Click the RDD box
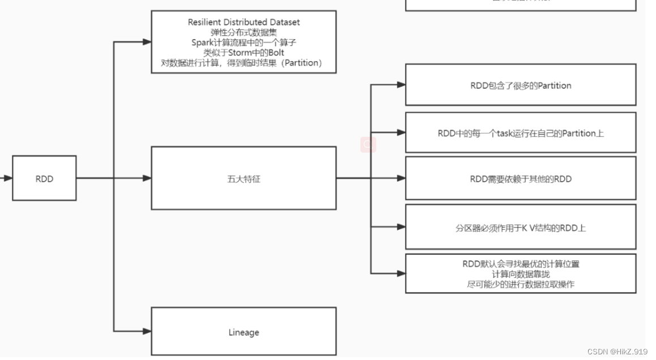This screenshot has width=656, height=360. [x=44, y=178]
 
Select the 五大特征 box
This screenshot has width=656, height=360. [x=243, y=178]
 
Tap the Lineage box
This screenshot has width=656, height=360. [x=243, y=332]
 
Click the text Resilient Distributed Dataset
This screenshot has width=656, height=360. [x=244, y=22]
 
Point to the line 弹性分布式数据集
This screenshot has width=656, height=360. [x=244, y=32]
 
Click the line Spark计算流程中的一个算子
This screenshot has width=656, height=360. [x=244, y=42]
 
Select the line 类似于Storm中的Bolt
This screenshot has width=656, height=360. [x=244, y=53]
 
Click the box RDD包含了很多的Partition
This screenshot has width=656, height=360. [x=521, y=85]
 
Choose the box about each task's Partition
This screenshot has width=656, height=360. [x=521, y=134]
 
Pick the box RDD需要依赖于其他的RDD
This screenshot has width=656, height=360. [x=521, y=179]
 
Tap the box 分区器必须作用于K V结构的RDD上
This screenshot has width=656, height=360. [x=521, y=228]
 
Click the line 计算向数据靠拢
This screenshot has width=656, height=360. [x=521, y=274]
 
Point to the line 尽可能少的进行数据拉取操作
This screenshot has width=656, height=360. [x=521, y=284]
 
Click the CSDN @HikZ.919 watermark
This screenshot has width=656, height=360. [x=617, y=352]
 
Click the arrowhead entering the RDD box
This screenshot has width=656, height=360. [x=8, y=178]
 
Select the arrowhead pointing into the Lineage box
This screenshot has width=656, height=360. [x=147, y=331]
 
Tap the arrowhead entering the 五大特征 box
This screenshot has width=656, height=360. [x=147, y=178]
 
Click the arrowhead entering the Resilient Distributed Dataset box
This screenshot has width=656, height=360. [x=147, y=42]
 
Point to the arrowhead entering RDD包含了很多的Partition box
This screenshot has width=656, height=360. [x=401, y=85]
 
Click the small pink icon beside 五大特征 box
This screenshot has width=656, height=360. [x=368, y=145]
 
